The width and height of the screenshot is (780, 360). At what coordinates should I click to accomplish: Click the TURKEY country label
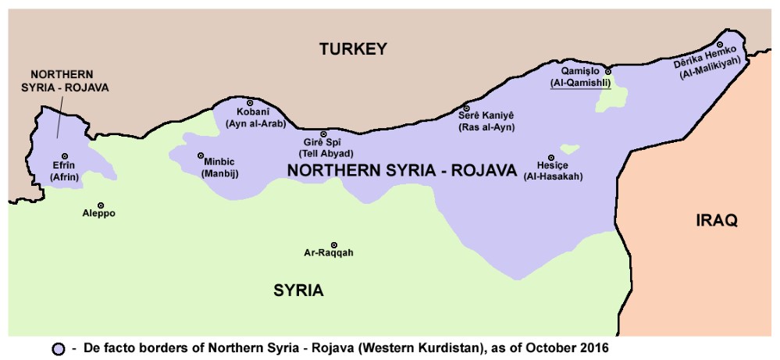(x=353, y=50)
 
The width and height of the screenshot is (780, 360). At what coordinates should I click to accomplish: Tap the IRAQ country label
(x=716, y=221)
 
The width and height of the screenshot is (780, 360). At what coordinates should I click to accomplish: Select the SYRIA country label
(x=298, y=291)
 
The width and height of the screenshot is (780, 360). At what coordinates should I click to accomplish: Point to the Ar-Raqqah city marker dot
(x=334, y=245)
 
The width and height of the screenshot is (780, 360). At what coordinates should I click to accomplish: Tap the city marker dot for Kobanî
(x=250, y=103)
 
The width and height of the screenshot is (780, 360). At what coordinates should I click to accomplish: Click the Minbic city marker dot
(x=201, y=155)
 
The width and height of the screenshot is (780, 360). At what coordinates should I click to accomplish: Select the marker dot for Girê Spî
(x=324, y=134)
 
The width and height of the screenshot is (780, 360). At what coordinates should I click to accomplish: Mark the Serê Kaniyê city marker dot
(x=466, y=108)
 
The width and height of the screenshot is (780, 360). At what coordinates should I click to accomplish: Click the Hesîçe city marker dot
(x=551, y=157)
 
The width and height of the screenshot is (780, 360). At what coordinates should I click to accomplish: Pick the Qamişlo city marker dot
(x=607, y=71)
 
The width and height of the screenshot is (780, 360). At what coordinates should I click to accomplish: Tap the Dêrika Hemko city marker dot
(x=720, y=45)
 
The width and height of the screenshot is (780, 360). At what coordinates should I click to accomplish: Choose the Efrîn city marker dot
(x=65, y=156)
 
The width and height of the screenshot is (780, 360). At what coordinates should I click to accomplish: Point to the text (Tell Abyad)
(x=328, y=154)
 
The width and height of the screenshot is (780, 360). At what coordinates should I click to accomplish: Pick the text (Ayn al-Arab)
(x=255, y=123)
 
